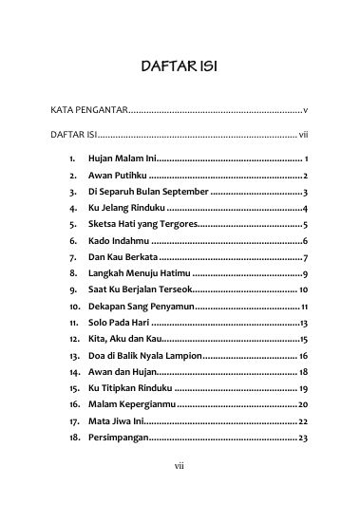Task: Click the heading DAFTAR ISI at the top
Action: [180, 67]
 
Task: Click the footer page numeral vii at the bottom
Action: [179, 493]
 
